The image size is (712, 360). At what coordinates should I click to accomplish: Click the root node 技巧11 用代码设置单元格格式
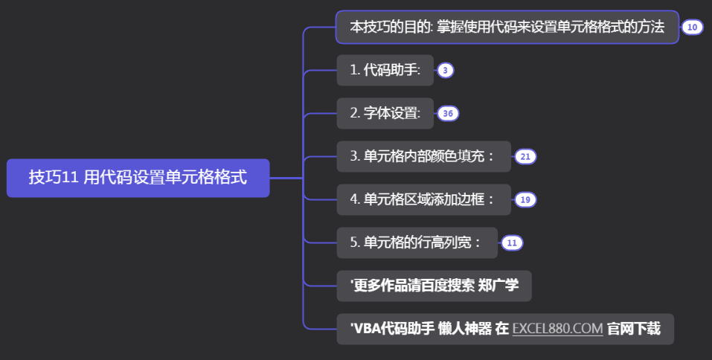pyautogui.click(x=138, y=178)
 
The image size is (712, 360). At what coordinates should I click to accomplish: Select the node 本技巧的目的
pyautogui.click(x=507, y=28)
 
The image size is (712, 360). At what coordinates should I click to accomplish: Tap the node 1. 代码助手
pyautogui.click(x=385, y=71)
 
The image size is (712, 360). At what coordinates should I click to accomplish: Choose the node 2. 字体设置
pyautogui.click(x=385, y=114)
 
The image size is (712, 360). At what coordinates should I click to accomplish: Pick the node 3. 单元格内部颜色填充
pyautogui.click(x=423, y=157)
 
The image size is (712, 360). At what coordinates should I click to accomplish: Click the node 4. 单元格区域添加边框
pyautogui.click(x=423, y=199)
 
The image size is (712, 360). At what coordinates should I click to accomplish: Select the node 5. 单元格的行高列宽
pyautogui.click(x=417, y=242)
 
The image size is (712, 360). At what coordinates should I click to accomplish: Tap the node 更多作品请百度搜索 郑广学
pyautogui.click(x=434, y=286)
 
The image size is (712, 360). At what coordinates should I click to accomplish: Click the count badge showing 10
pyautogui.click(x=692, y=28)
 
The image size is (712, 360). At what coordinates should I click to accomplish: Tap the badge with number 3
pyautogui.click(x=445, y=71)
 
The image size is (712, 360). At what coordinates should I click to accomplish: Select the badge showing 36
pyautogui.click(x=448, y=114)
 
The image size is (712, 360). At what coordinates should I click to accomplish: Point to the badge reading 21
pyautogui.click(x=525, y=157)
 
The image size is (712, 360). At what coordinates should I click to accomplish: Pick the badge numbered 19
pyautogui.click(x=525, y=199)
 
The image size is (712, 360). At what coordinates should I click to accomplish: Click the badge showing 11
pyautogui.click(x=512, y=242)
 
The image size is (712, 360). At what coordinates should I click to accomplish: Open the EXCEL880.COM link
pyautogui.click(x=557, y=329)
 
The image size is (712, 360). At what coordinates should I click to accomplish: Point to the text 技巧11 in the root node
pyautogui.click(x=54, y=178)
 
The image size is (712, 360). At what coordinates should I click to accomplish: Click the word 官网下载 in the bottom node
pyautogui.click(x=633, y=329)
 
